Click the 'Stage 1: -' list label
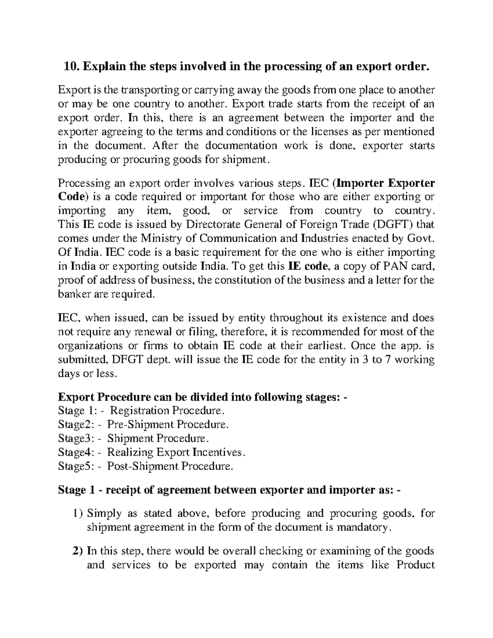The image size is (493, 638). click(x=78, y=411)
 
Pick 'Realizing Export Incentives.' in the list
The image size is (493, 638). click(x=177, y=452)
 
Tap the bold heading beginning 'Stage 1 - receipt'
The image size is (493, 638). click(x=230, y=490)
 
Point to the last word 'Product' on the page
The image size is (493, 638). click(x=415, y=565)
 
